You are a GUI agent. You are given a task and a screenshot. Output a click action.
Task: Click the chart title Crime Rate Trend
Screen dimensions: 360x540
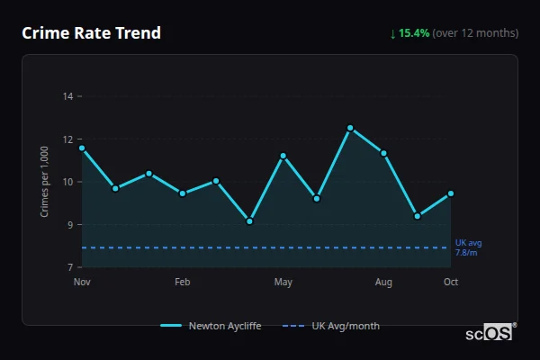click(91, 33)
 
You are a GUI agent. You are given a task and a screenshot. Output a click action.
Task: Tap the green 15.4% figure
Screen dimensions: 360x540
click(415, 33)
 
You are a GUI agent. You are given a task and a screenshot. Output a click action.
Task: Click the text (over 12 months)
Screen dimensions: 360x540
click(475, 33)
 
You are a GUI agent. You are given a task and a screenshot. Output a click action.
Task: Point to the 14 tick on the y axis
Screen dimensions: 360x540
click(67, 95)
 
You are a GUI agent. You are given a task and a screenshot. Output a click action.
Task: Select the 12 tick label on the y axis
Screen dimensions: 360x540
click(67, 139)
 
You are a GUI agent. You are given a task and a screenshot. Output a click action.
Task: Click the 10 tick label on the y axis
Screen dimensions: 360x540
click(67, 182)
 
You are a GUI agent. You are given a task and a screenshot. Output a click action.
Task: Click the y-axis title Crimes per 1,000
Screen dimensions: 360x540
click(45, 182)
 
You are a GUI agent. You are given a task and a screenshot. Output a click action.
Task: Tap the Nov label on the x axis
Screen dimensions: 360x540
click(82, 283)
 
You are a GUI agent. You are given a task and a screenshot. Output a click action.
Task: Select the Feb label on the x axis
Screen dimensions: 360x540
click(182, 283)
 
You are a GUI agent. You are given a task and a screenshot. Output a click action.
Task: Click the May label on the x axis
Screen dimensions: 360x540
click(283, 283)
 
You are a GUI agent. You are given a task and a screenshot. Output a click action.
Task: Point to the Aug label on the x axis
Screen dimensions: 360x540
click(383, 283)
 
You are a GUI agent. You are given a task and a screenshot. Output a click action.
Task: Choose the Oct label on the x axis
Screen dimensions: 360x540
click(451, 283)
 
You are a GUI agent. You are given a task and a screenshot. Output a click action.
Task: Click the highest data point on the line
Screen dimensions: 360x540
click(350, 128)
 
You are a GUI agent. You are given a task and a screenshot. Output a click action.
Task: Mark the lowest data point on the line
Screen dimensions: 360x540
click(249, 221)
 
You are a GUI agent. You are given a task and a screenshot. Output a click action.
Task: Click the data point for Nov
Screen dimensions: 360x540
click(82, 148)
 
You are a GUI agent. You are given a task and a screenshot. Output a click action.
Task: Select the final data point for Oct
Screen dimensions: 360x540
click(451, 193)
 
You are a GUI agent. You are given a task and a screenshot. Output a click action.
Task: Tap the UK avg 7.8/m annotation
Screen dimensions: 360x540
click(468, 247)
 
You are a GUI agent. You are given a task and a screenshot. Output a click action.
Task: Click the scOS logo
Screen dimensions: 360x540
click(489, 332)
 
